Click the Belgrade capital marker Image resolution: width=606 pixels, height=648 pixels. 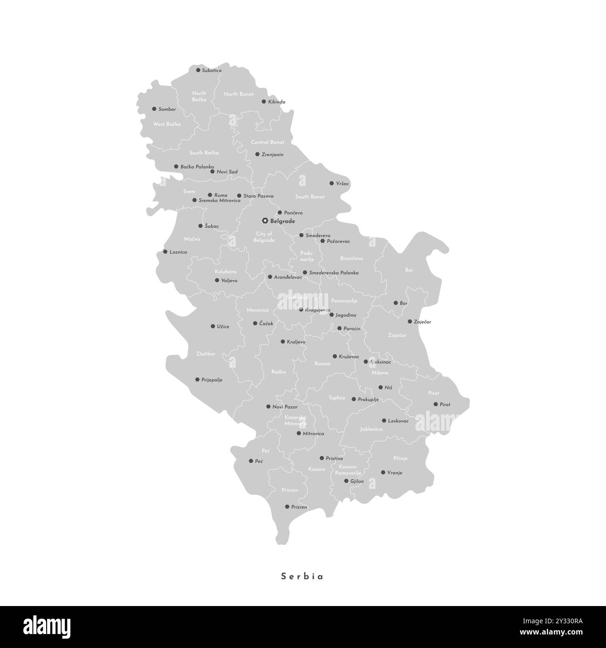[x=265, y=221]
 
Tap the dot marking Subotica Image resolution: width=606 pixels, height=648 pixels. [x=198, y=70]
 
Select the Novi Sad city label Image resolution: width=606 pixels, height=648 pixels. [x=227, y=172]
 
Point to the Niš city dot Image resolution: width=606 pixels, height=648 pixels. [x=380, y=387]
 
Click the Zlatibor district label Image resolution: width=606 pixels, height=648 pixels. [x=206, y=354]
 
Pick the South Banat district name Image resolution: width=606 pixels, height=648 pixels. [x=310, y=197]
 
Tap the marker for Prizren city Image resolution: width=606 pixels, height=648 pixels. [x=287, y=507]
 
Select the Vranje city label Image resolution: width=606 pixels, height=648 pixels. [x=394, y=473]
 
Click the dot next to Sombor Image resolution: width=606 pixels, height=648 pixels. [x=154, y=109]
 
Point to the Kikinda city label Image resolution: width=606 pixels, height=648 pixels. [x=276, y=102]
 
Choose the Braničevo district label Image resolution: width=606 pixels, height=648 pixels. [x=351, y=258]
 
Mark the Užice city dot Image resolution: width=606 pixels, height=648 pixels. [x=213, y=326]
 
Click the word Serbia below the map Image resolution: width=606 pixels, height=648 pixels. [x=302, y=576]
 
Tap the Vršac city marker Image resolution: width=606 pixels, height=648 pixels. [x=332, y=184]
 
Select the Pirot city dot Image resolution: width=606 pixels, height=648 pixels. [x=435, y=405]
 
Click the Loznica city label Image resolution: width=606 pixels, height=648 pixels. [x=178, y=252]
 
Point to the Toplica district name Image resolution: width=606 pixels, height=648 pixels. [x=337, y=398]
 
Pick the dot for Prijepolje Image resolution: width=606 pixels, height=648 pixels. [x=198, y=379]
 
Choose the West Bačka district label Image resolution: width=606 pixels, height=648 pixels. [x=167, y=124]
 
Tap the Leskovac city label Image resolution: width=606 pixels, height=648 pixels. [x=398, y=421]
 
